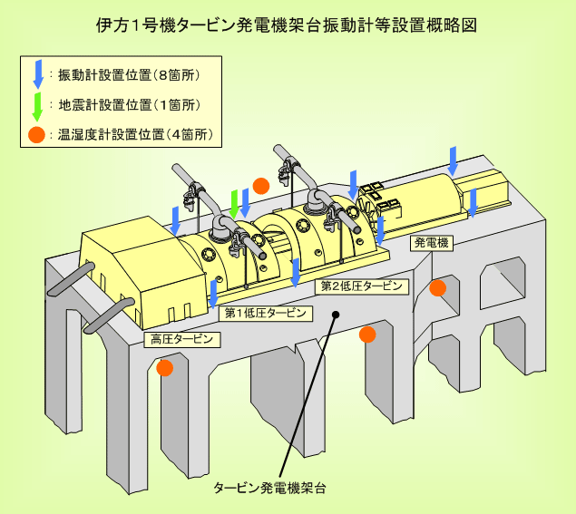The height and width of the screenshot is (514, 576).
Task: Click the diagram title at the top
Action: tap(287, 25)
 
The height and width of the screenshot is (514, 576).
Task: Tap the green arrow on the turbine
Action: tap(234, 205)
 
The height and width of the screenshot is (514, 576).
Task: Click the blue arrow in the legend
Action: tap(38, 73)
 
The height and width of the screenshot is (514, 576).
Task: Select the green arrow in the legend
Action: tap(37, 107)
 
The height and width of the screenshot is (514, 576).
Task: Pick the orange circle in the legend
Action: tap(36, 135)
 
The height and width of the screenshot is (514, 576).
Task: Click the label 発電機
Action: tap(431, 243)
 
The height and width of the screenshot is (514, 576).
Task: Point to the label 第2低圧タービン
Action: tap(362, 286)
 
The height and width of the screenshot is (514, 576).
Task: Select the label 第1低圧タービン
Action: tap(266, 313)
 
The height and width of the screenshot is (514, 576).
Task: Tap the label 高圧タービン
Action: tap(181, 339)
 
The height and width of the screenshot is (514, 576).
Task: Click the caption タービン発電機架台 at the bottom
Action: tap(269, 488)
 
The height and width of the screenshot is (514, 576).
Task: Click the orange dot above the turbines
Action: tap(261, 186)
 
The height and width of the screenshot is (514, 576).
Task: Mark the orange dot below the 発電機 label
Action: tap(438, 288)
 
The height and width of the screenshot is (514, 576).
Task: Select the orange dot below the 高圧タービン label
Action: tap(164, 368)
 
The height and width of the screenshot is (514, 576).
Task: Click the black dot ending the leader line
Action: tap(336, 315)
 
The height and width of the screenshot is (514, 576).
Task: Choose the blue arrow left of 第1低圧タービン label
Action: tap(213, 294)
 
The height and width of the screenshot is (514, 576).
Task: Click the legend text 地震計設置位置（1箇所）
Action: tap(130, 105)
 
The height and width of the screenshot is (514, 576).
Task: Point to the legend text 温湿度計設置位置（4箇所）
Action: tap(135, 135)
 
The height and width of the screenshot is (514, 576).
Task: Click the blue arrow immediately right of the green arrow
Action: tap(245, 203)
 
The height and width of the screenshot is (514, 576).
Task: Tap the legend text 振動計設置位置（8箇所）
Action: tap(129, 75)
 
